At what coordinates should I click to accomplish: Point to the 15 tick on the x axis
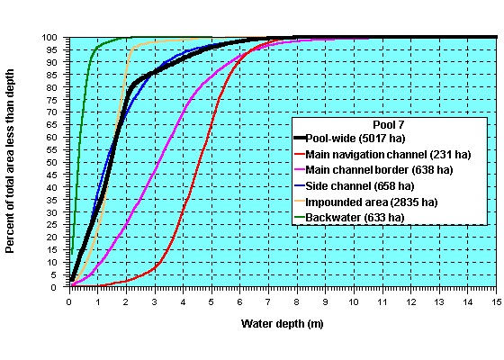coord(495,301)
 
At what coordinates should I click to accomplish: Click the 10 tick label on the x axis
coord(354,301)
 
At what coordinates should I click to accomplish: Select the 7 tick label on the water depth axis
coord(268,301)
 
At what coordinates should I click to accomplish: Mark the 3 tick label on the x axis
coord(155,301)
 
